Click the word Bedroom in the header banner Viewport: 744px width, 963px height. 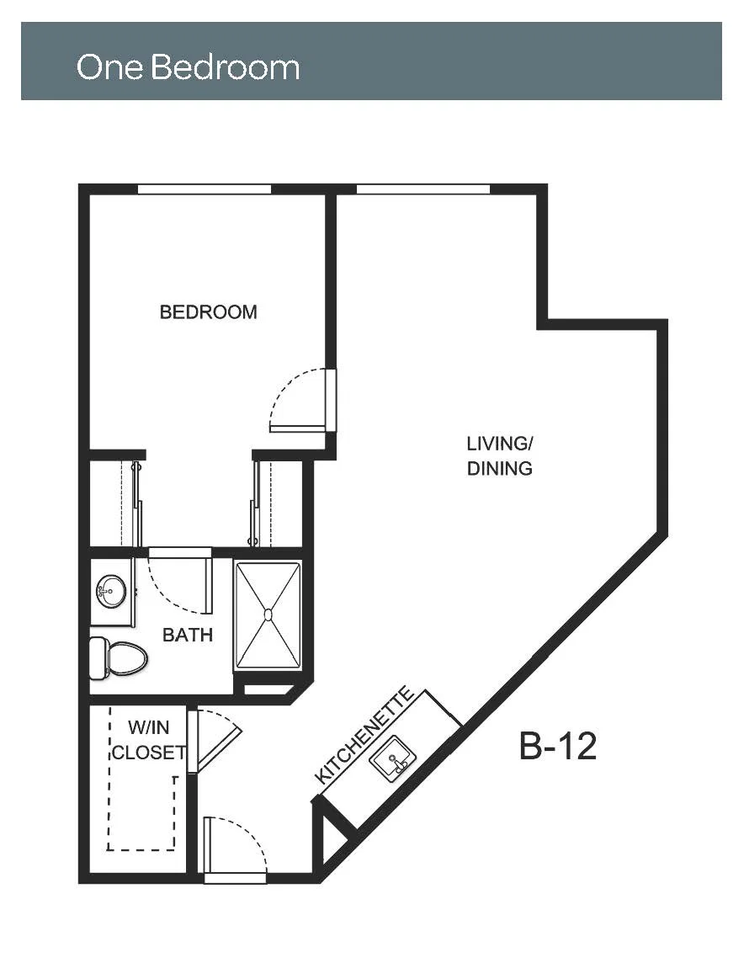pyautogui.click(x=225, y=67)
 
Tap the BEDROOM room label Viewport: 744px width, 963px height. pyautogui.click(x=208, y=312)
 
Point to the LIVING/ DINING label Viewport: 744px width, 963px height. pyautogui.click(x=500, y=455)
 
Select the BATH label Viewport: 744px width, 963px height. pyautogui.click(x=187, y=635)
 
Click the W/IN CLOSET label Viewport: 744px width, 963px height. pyautogui.click(x=149, y=740)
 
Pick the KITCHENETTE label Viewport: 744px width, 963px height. pyautogui.click(x=364, y=735)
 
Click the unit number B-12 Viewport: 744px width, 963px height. pyautogui.click(x=557, y=746)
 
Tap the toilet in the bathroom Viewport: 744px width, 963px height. pyautogui.click(x=119, y=658)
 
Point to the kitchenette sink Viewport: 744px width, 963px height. pyautogui.click(x=393, y=759)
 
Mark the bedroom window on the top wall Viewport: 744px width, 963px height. pyautogui.click(x=204, y=189)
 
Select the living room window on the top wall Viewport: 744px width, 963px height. pyautogui.click(x=423, y=189)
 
